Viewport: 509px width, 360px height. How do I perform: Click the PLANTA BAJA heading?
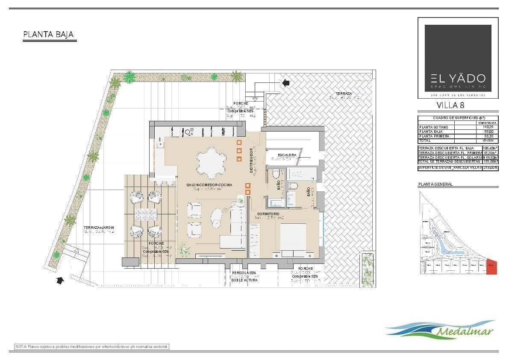click(48, 35)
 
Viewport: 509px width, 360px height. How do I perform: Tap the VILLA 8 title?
click(450, 105)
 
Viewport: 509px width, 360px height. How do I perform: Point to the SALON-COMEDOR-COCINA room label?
click(209, 184)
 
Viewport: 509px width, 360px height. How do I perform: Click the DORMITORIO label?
click(268, 214)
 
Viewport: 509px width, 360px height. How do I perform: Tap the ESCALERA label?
click(287, 155)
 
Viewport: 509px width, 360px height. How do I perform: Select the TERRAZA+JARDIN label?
click(99, 228)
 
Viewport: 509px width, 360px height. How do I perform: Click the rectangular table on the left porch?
click(145, 214)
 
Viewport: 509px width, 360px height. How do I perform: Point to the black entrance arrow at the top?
click(285, 82)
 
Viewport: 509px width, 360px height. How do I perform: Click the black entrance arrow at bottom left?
click(60, 280)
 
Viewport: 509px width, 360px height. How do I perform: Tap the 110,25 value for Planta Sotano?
click(488, 127)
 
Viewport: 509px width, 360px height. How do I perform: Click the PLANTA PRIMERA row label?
click(434, 136)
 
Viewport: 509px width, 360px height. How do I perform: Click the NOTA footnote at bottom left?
click(92, 346)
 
